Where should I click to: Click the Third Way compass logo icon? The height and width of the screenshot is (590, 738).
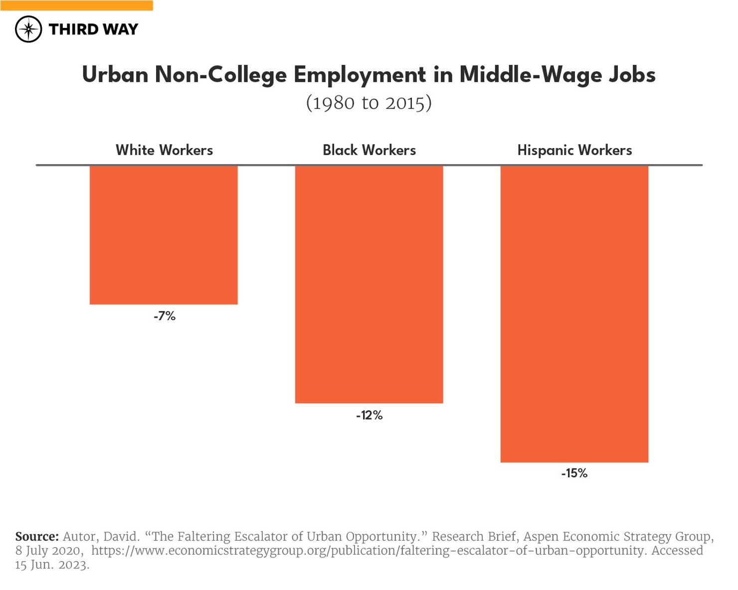click(28, 29)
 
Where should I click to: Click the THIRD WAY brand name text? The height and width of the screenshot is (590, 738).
click(93, 29)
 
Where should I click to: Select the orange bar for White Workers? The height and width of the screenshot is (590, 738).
click(164, 234)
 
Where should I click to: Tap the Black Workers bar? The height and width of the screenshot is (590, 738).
click(369, 284)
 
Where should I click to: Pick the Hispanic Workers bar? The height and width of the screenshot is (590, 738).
click(574, 314)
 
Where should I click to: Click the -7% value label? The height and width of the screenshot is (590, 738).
click(165, 316)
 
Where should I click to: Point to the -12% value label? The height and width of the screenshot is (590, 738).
click(369, 415)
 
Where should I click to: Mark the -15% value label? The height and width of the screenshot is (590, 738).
click(574, 473)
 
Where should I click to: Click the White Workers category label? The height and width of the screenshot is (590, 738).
click(164, 150)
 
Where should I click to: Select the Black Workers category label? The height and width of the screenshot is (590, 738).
click(369, 150)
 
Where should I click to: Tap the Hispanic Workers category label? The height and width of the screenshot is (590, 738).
click(574, 150)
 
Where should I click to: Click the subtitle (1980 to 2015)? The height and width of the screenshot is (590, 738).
click(369, 103)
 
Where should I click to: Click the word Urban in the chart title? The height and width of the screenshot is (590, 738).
click(115, 75)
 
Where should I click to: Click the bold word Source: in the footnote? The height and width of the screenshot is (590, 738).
click(37, 537)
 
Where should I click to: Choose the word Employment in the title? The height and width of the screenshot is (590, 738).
click(360, 75)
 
